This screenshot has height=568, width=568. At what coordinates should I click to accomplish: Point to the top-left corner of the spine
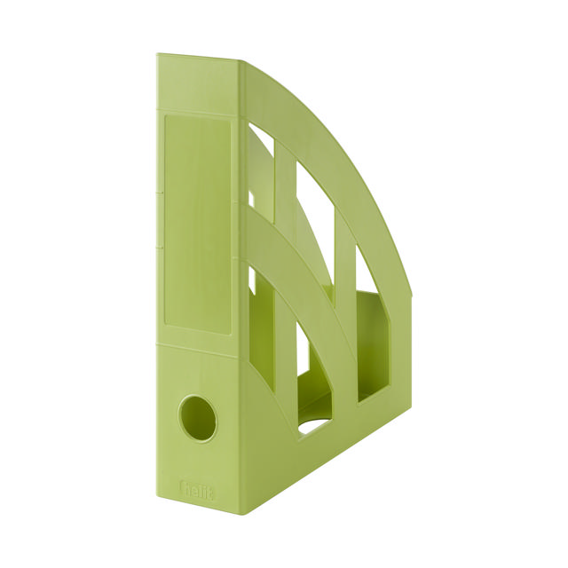[157, 55]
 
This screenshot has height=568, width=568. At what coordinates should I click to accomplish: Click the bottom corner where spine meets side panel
[241, 513]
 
